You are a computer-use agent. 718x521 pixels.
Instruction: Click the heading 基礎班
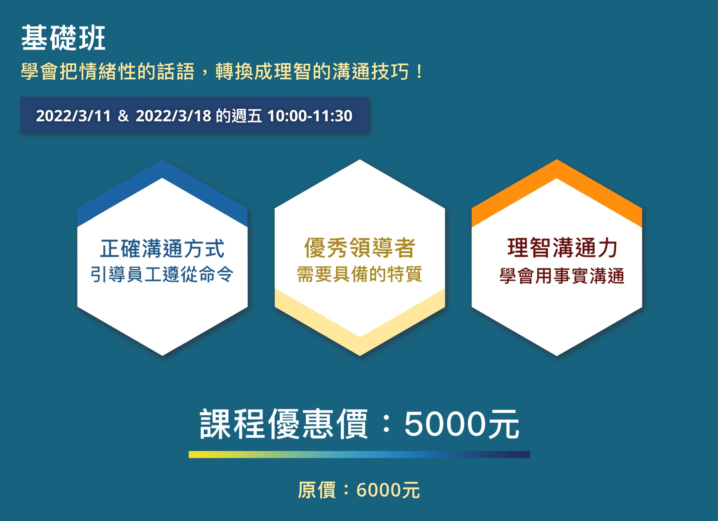(63, 38)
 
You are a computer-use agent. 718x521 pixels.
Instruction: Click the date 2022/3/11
(73, 116)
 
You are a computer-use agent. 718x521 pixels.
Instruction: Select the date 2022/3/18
(173, 116)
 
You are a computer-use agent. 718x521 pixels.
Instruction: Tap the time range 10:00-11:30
(310, 116)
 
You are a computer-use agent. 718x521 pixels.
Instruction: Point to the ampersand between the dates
(123, 116)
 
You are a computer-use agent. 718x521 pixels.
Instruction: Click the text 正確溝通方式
(162, 248)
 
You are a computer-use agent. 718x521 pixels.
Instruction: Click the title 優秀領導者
(360, 248)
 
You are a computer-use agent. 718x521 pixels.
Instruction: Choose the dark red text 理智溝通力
(562, 248)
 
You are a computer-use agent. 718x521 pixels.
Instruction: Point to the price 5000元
(462, 424)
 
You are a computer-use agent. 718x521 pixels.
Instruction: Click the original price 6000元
(388, 490)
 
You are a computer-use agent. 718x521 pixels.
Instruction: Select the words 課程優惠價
(284, 424)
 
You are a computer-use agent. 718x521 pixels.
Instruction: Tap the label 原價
(317, 490)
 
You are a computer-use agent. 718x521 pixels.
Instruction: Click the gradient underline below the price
(359, 455)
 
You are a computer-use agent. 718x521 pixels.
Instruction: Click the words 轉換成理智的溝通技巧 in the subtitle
(312, 71)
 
